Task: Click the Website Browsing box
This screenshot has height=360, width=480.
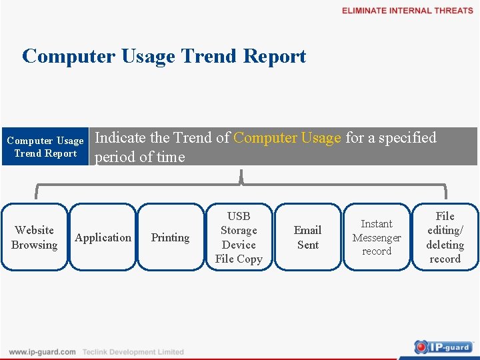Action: (34, 237)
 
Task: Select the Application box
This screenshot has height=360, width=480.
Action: (103, 237)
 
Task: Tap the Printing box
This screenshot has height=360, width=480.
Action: (171, 237)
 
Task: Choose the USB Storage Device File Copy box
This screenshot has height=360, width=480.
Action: (239, 237)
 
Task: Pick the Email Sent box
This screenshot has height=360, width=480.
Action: (307, 237)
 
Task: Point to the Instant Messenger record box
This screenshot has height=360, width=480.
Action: (377, 237)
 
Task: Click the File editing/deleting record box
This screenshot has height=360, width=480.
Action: (445, 237)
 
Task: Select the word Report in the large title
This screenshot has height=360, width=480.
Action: (275, 56)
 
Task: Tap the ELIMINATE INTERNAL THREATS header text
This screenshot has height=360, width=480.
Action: (407, 11)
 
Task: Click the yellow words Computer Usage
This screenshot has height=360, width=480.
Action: (287, 138)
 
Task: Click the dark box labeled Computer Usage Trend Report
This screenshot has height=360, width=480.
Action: (45, 147)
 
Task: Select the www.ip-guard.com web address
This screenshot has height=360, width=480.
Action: (42, 352)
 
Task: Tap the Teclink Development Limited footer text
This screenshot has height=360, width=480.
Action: (133, 352)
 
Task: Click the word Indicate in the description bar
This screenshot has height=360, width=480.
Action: (121, 138)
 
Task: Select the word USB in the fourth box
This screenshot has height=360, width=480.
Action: (239, 216)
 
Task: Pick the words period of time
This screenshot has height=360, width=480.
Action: (139, 157)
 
